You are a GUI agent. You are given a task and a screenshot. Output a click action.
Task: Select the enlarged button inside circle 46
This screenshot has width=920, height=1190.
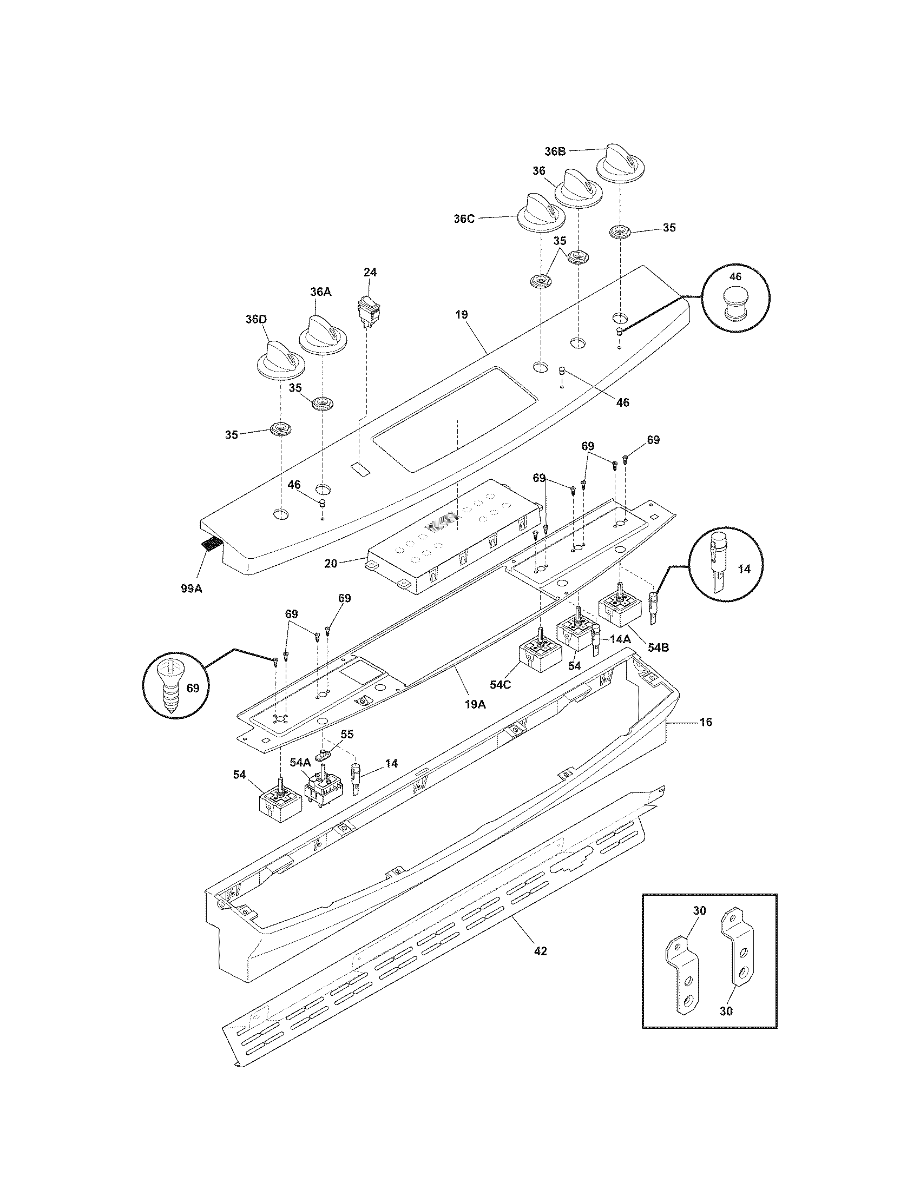tap(735, 304)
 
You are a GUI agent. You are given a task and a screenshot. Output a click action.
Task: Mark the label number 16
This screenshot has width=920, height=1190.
tap(705, 723)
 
